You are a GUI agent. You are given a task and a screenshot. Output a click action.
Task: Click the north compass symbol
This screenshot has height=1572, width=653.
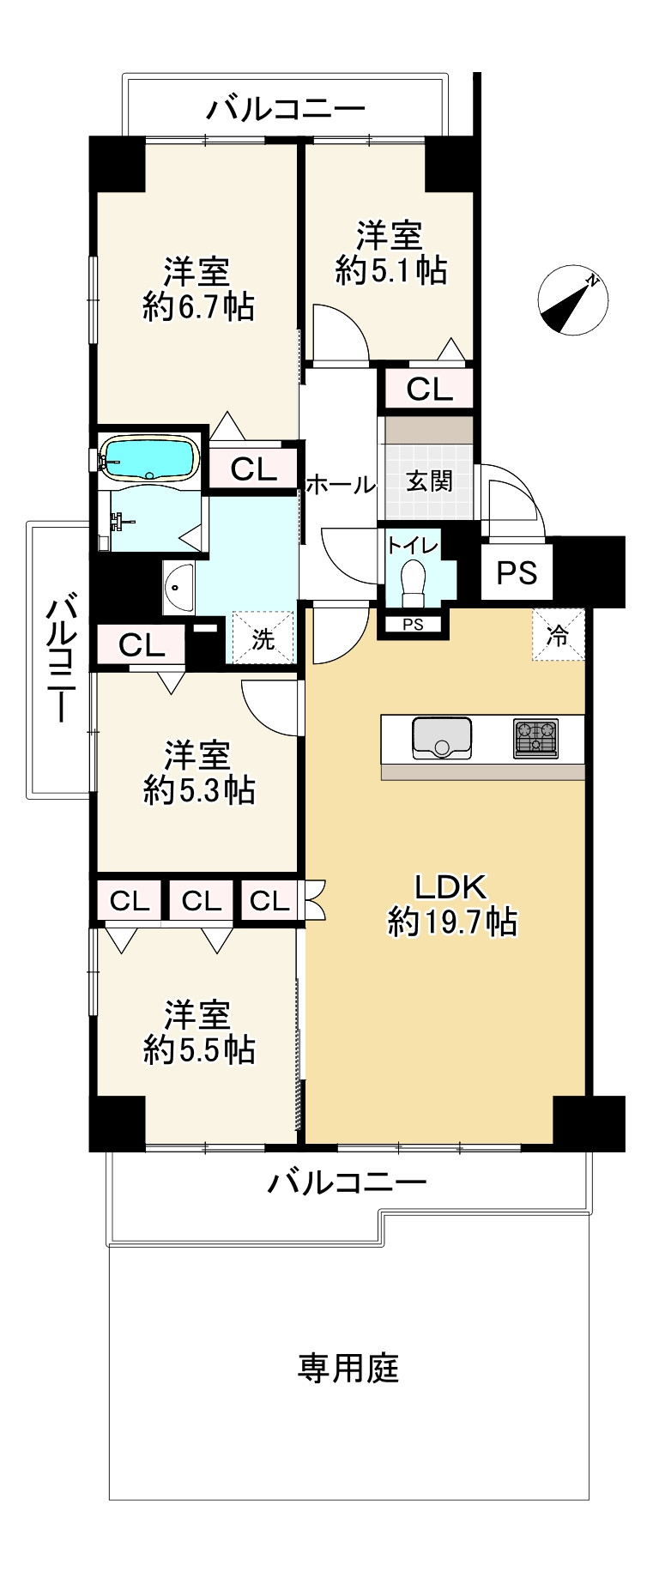coord(572,303)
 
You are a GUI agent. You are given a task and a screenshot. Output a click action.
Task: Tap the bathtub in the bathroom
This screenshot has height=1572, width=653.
coord(149,457)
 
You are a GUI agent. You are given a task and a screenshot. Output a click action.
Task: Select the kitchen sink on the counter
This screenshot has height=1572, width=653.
coord(442,738)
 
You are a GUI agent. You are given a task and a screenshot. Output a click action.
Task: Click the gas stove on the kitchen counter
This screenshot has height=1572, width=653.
coord(535,738)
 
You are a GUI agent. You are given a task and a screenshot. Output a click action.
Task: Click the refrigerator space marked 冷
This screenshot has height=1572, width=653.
coord(559,636)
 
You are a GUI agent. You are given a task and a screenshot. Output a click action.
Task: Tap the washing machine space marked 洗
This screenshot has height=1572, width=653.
coord(263,638)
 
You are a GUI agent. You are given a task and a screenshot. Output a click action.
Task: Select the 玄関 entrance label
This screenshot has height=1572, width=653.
coord(429,481)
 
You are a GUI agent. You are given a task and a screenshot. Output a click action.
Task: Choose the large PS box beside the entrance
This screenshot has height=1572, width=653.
coord(517,572)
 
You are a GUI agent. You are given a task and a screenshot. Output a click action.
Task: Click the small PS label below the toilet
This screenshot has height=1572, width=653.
coord(413,625)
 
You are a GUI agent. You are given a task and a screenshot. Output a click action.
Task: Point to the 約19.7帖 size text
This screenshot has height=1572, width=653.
coord(452,922)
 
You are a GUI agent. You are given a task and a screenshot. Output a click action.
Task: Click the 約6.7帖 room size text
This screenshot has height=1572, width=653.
coord(198,306)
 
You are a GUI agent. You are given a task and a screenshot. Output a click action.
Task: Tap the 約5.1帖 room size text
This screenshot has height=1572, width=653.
coord(391,270)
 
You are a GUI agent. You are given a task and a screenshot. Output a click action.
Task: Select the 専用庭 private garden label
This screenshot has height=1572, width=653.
coord(348,1368)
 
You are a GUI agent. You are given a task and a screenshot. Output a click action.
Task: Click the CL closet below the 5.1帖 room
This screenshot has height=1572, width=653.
coord(429,390)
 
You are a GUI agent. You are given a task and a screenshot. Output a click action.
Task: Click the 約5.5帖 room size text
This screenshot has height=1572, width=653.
coord(198,1049)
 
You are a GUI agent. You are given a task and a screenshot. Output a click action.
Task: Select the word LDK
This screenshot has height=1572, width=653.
coord(451,886)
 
